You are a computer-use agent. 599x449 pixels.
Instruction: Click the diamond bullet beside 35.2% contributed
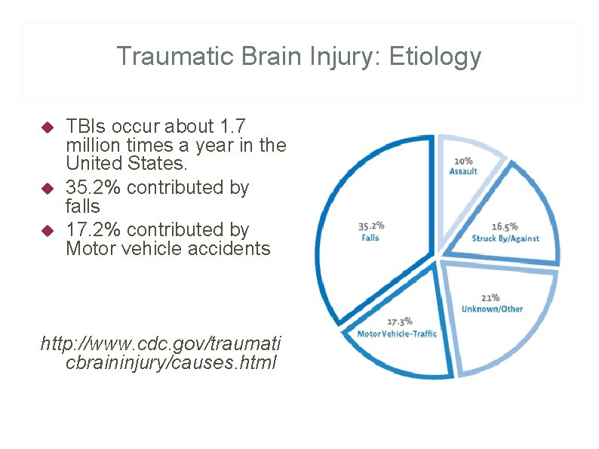click(x=46, y=187)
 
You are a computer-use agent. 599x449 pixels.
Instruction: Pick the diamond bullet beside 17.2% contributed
click(x=46, y=229)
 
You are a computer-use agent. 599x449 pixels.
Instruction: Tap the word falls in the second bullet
click(x=83, y=206)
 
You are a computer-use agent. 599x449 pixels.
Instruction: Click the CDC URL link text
click(x=161, y=353)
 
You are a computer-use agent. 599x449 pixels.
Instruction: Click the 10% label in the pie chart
click(x=463, y=161)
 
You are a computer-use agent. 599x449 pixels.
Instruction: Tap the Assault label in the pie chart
click(x=463, y=171)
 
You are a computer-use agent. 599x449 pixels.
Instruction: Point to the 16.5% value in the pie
click(x=505, y=226)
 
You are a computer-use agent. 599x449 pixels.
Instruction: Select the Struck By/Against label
click(x=505, y=238)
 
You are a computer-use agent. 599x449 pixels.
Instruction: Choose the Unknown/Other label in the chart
click(x=492, y=309)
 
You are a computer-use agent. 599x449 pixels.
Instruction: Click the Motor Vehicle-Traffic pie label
click(x=397, y=334)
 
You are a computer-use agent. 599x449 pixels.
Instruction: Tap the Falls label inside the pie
click(x=370, y=238)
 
